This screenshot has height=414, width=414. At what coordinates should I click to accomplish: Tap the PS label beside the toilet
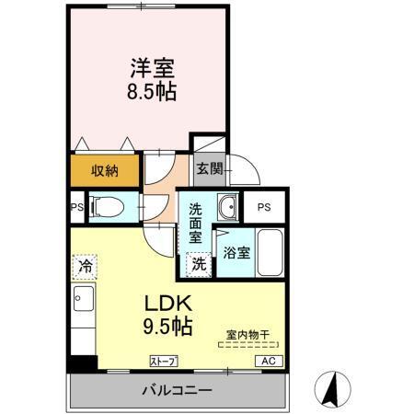pos(76,207)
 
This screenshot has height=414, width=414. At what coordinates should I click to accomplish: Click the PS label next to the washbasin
pos(264,207)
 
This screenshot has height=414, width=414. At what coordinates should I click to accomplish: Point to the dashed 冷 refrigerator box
pos(84,266)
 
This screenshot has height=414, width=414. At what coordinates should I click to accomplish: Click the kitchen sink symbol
pos(80,298)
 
